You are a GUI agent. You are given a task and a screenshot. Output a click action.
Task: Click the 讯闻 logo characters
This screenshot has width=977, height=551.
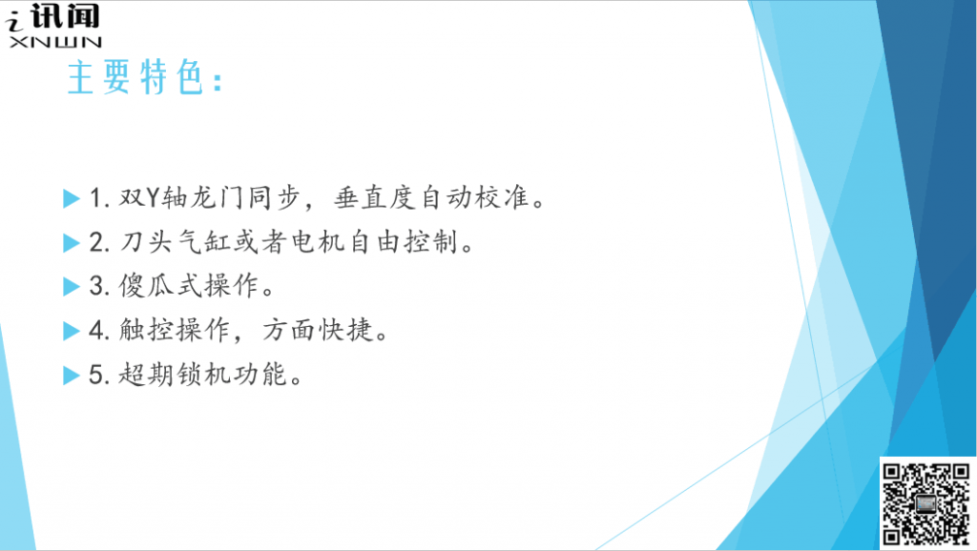pos(65,16)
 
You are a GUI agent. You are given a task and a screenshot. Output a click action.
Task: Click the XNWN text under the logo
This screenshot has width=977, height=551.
pos(55,42)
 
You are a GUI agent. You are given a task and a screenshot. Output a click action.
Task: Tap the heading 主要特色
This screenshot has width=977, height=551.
pos(135,77)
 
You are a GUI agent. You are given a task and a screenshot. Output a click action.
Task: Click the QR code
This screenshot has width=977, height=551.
pos(926,503)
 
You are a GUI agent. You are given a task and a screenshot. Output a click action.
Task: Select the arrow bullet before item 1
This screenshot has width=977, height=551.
pos(72,198)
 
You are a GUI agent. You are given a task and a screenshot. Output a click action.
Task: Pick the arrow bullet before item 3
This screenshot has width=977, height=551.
pos(72,286)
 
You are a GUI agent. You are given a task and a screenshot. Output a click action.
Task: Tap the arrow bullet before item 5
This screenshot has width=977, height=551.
pos(72,376)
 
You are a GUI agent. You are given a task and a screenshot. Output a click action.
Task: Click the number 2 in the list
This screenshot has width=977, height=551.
pos(96,242)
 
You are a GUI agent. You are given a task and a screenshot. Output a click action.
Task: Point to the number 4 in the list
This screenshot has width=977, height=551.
pos(96,331)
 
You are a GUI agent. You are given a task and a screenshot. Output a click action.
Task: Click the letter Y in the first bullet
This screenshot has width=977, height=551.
pos(154,198)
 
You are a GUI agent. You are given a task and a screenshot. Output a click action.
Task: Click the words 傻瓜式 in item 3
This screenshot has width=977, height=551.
pos(160,286)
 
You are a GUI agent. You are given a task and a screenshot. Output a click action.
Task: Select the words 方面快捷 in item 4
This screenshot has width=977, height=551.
pos(317,331)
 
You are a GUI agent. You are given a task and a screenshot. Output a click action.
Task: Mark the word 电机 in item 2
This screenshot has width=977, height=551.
pos(318,242)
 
